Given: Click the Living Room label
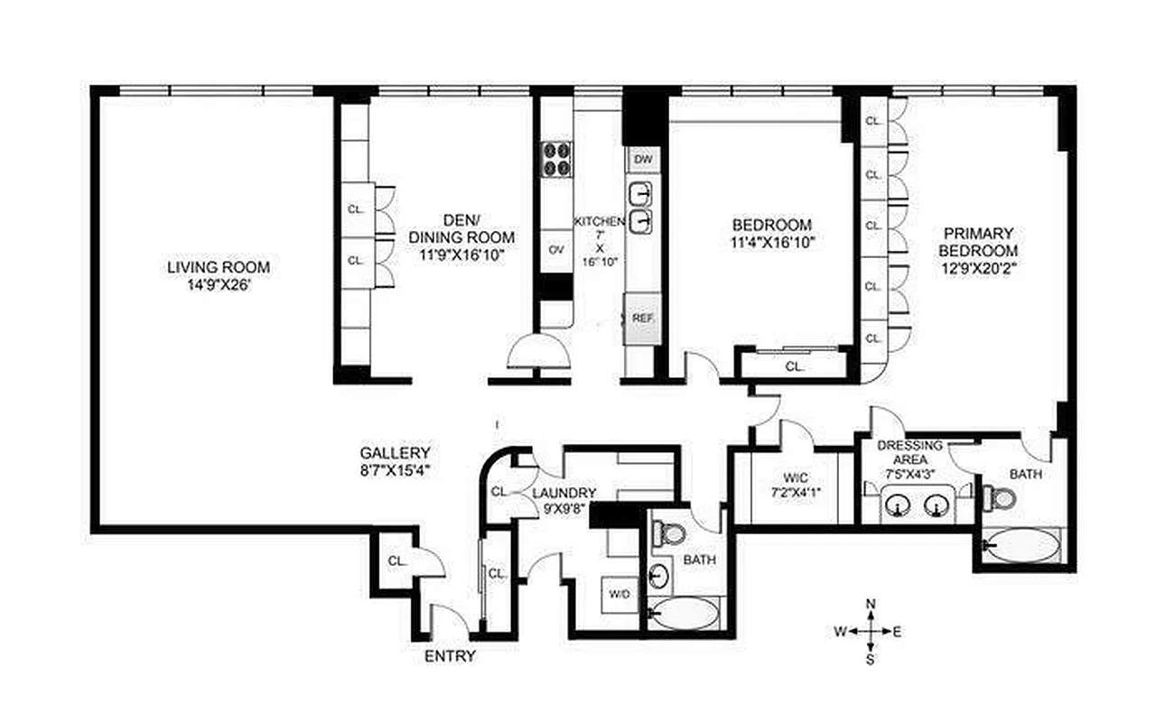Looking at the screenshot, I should click(x=218, y=267).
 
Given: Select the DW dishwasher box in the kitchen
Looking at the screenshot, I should click(x=642, y=159).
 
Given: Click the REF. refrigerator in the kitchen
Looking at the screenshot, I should click(x=642, y=318).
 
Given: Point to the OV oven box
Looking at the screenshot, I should click(x=556, y=250).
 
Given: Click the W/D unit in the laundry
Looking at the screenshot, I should click(x=620, y=594).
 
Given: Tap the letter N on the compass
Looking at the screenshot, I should click(x=871, y=603).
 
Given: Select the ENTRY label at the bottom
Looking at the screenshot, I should click(x=449, y=656).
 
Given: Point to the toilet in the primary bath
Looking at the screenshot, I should click(x=998, y=496).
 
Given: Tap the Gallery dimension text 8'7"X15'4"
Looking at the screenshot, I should click(x=395, y=469).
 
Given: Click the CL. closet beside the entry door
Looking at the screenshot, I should click(x=396, y=560).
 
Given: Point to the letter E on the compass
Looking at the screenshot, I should click(x=896, y=632).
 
